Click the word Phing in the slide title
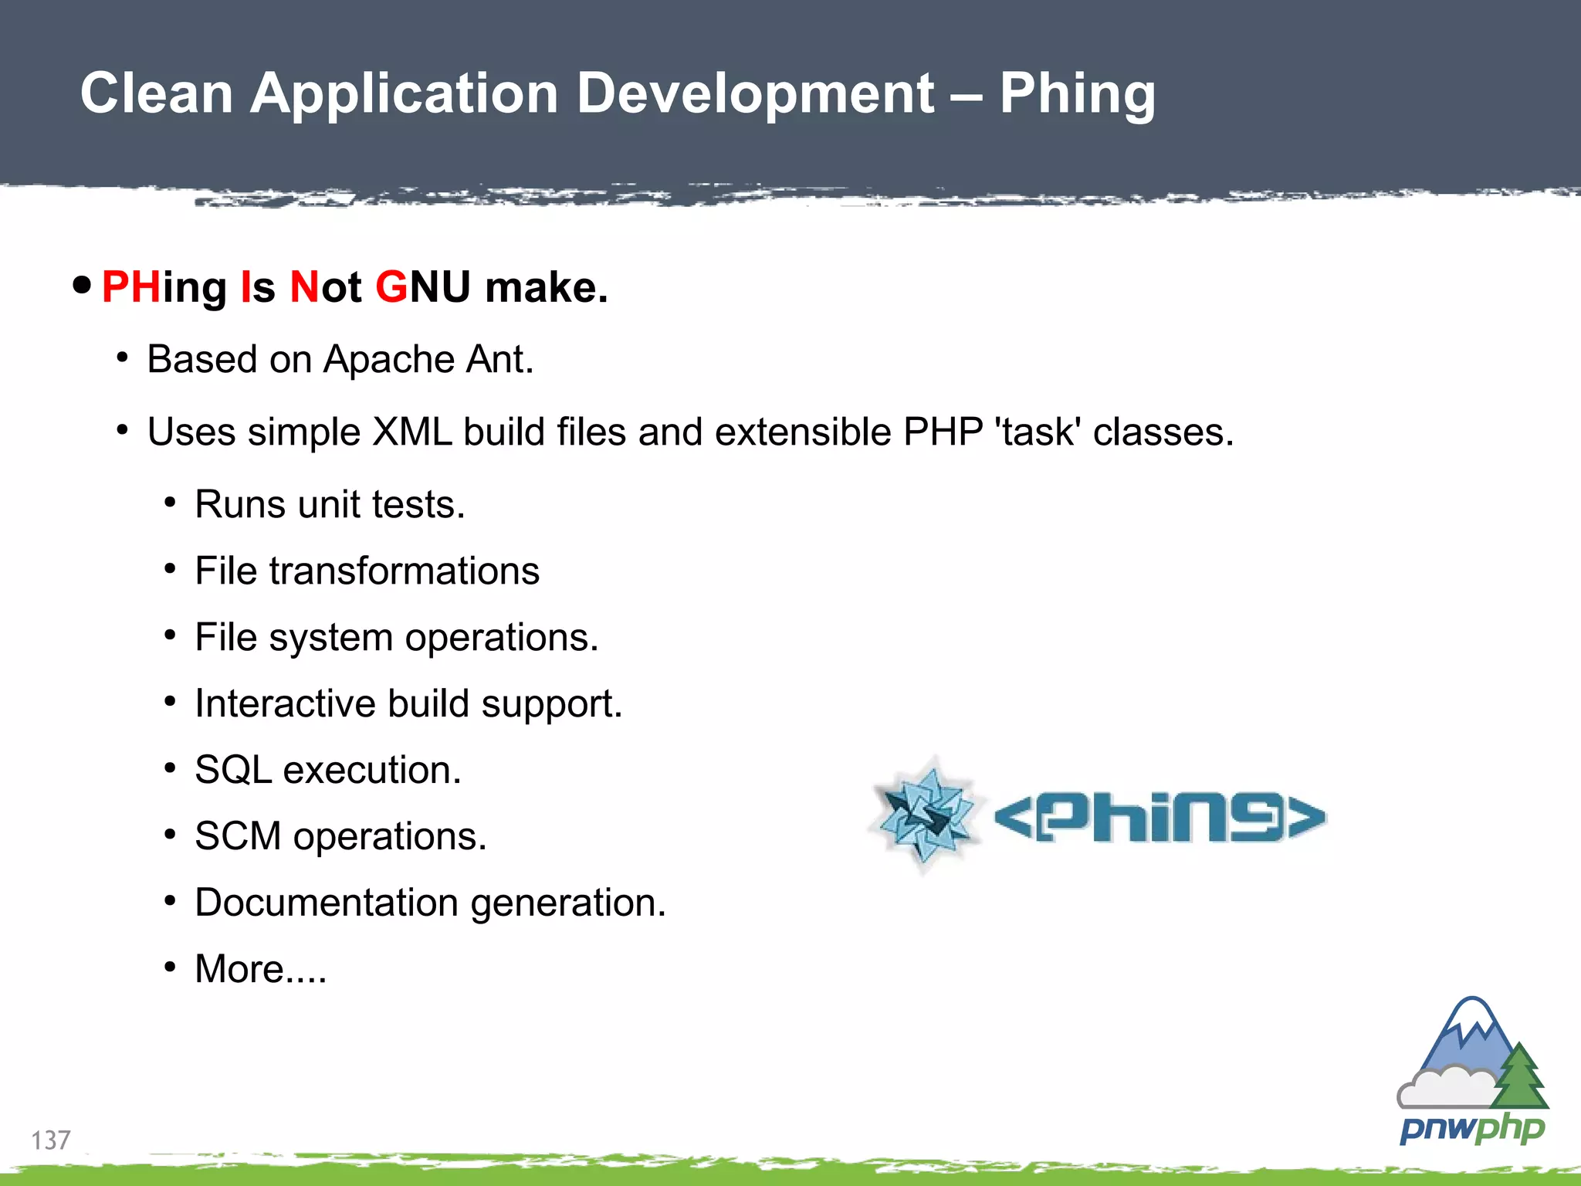[x=1077, y=94]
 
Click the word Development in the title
[x=756, y=94]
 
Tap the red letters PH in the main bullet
[x=130, y=287]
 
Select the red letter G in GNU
[x=391, y=287]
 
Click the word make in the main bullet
[x=545, y=287]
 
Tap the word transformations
[x=404, y=571]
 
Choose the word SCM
[x=237, y=836]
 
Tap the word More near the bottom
[x=239, y=969]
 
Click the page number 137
[x=50, y=1140]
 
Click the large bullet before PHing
[x=82, y=286]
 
